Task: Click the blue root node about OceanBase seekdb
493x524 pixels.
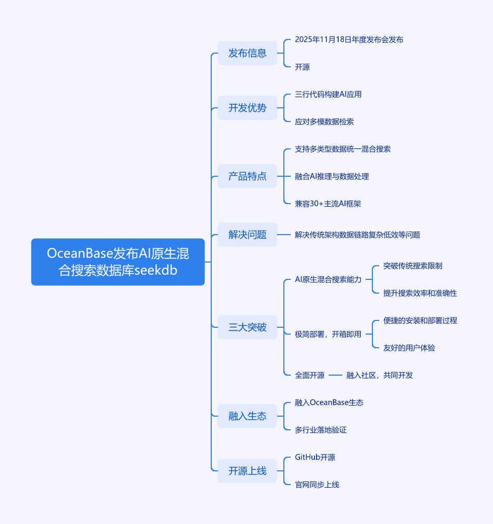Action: [118, 262]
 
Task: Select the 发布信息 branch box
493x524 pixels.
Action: [248, 53]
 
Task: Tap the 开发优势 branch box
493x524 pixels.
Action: [248, 108]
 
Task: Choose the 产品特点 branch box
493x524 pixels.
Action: [248, 176]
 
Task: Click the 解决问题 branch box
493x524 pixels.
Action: [248, 235]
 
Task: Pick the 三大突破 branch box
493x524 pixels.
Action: [248, 327]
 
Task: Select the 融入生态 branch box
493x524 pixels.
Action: [248, 416]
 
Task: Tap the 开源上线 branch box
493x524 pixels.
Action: [248, 471]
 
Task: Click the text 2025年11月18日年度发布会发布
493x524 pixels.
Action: [349, 39]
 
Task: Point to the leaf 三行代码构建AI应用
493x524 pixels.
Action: [328, 94]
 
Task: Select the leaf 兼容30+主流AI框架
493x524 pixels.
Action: [328, 204]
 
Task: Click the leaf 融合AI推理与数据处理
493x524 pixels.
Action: [332, 176]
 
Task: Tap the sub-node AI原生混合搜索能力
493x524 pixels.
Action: [328, 279]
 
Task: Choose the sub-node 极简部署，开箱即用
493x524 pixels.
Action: [328, 334]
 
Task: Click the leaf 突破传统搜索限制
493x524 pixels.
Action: [413, 266]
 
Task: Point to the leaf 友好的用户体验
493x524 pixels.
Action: [409, 348]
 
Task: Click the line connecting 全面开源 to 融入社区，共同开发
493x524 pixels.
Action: [336, 375]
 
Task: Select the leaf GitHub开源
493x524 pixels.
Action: [315, 457]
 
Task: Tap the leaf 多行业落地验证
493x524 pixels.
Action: [321, 430]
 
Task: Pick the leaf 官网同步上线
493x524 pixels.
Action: [317, 485]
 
